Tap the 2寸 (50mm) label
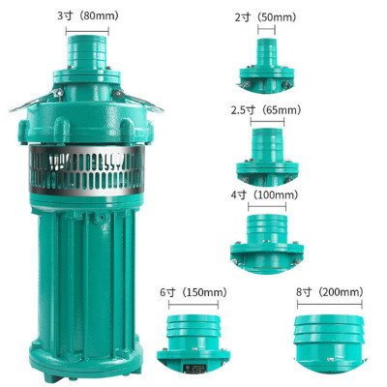(265, 17)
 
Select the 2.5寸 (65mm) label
(265, 109)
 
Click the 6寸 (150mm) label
(193, 291)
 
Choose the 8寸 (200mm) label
(330, 291)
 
